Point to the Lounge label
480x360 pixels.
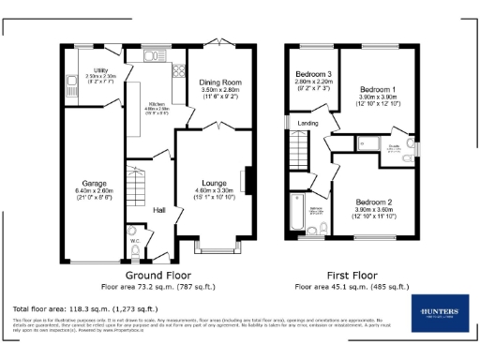coord(213,184)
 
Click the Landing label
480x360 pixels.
coord(307,123)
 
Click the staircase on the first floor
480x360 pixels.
coord(301,149)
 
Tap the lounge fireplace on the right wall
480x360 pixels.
coord(249,180)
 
